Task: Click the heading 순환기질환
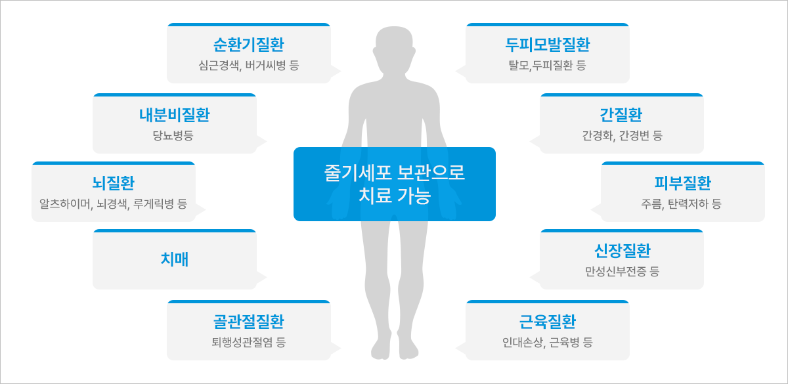tap(249, 45)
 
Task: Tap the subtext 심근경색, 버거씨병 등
tap(249, 66)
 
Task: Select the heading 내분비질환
tap(175, 115)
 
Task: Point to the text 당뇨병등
tap(173, 135)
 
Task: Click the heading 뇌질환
tap(113, 183)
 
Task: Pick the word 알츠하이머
tap(65, 204)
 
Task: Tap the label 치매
tap(175, 259)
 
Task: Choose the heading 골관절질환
tap(249, 322)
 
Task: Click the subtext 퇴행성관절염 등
tap(249, 342)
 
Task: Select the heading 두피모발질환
tap(548, 45)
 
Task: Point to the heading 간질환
tap(621, 115)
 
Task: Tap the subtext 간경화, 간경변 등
tap(622, 135)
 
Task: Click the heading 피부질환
tap(683, 183)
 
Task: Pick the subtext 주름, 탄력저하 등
tap(682, 204)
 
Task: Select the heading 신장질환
tap(623, 251)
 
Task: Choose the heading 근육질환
tap(548, 322)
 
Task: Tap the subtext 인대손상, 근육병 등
tap(548, 342)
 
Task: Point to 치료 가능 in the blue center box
tap(395, 196)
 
